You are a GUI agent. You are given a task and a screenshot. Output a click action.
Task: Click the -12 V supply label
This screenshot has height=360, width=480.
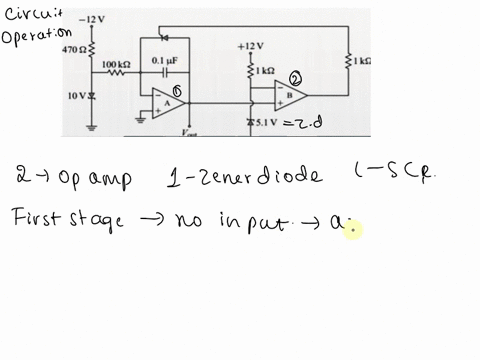click(x=91, y=18)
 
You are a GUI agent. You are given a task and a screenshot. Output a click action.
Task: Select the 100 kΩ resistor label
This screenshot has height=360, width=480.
click(x=116, y=63)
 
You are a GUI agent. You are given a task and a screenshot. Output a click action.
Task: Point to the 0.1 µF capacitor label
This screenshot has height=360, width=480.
click(x=163, y=61)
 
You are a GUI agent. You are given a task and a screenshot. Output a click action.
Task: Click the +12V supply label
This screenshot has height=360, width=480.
click(x=250, y=46)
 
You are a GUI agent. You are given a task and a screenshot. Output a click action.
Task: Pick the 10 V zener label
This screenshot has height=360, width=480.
click(x=75, y=95)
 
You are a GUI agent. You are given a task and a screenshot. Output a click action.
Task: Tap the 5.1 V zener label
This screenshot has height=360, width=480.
click(x=264, y=121)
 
